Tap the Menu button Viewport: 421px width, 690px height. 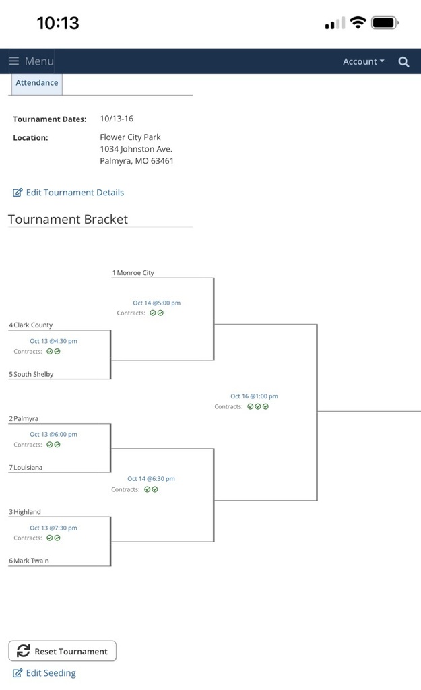coord(31,61)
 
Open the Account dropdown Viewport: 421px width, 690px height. coord(363,61)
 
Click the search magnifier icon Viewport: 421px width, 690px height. coord(403,61)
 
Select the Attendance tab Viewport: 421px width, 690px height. coord(37,83)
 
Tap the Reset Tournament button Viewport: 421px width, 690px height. coord(63,651)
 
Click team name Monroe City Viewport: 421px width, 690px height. coord(135,273)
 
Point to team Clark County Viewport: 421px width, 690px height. coord(33,325)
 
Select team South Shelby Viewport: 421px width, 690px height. coord(34,374)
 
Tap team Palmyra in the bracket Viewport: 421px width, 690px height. coord(26,419)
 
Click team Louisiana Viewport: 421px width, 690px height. coord(28,468)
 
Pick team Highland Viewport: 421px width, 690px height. coord(27,512)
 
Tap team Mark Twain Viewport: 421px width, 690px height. coord(31,561)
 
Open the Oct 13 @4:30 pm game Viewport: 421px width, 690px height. coord(53,341)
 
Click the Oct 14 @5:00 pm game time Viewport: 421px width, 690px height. coord(156,303)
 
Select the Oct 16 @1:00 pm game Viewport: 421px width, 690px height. coord(254,396)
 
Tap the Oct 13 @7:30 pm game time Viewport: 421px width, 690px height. coord(53,528)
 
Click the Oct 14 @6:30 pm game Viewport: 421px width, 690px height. coord(151,479)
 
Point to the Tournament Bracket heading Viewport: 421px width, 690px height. coord(68,219)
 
